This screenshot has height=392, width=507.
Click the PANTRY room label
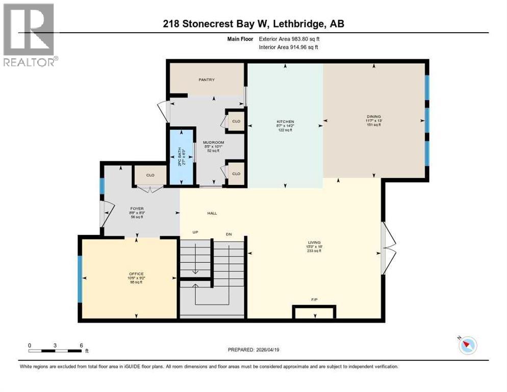207,80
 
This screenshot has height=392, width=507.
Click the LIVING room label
314,243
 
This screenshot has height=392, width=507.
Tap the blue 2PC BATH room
181,157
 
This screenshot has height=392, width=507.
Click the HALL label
212,213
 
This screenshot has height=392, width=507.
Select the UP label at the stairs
195,233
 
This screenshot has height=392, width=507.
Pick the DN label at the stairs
229,234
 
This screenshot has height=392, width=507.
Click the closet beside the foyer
150,175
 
